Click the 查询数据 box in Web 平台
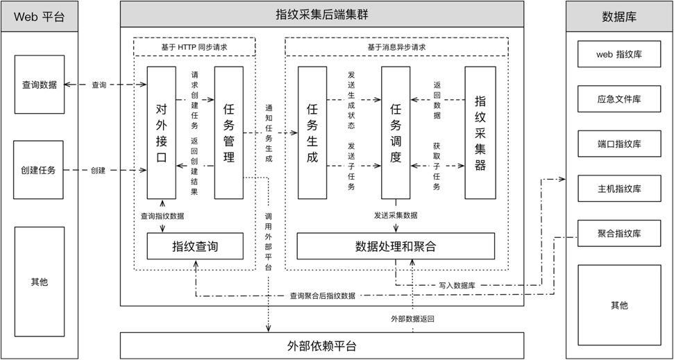click(39, 85)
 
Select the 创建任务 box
click(39, 169)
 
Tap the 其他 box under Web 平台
click(39, 282)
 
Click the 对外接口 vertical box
click(161, 132)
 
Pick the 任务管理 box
click(228, 132)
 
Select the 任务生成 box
click(312, 132)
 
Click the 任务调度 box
click(396, 132)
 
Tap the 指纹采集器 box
click(480, 132)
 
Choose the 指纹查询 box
click(195, 246)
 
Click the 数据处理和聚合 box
click(396, 246)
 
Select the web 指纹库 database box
click(618, 53)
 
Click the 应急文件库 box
click(618, 98)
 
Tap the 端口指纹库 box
click(618, 144)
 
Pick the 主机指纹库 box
click(618, 188)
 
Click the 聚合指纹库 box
click(618, 232)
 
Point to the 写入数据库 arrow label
click(457, 285)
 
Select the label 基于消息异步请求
click(396, 48)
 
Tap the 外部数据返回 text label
click(412, 319)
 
